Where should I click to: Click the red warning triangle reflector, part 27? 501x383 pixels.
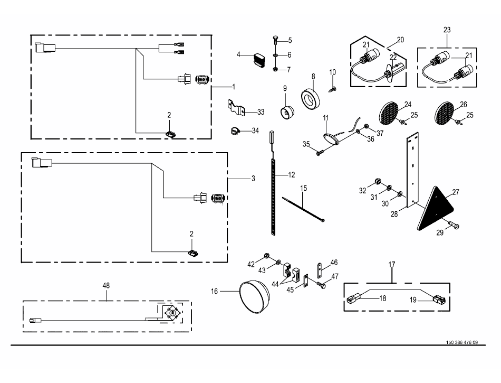[x=435, y=210]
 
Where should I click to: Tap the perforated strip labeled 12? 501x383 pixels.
[x=273, y=197]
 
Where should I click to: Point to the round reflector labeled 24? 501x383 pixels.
[x=389, y=113]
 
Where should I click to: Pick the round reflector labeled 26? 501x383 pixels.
[x=445, y=113]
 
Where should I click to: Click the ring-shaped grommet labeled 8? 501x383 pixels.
[x=310, y=99]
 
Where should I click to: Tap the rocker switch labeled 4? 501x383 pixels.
[x=259, y=61]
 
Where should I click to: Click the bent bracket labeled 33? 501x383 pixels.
[x=237, y=108]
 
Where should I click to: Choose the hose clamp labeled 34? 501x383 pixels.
[x=235, y=131]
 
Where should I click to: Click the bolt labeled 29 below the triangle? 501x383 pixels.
[x=453, y=225]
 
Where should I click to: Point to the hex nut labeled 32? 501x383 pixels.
[x=377, y=182]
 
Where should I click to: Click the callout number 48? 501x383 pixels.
[x=106, y=285]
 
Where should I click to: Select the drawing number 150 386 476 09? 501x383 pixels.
[x=462, y=342]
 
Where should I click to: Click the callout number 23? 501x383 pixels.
[x=447, y=30]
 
